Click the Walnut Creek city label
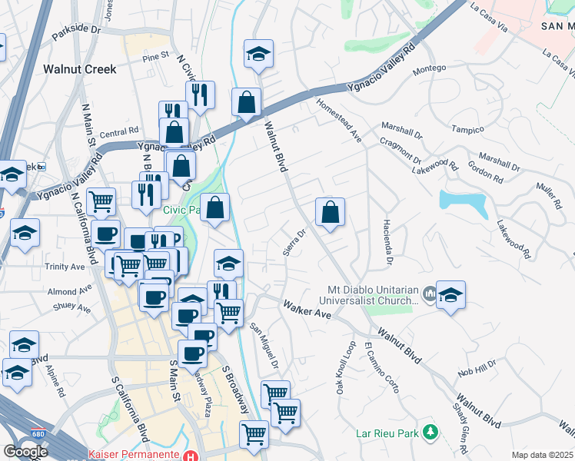coord(80,69)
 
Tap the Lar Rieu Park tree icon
coord(429,433)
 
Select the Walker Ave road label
coord(307,310)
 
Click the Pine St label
coord(155,56)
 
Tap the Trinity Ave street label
coord(65,267)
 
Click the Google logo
coord(25,451)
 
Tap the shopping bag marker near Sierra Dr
coord(330,213)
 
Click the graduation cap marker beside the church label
coord(450,294)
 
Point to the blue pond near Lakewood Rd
coord(463,203)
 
